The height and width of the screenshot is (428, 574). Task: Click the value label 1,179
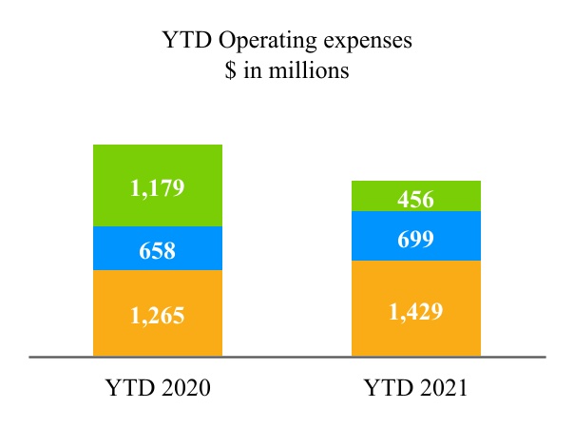[x=157, y=187]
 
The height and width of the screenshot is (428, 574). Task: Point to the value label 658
[x=157, y=251]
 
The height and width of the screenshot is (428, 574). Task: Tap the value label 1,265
[x=157, y=314]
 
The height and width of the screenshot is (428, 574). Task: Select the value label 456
[x=415, y=200]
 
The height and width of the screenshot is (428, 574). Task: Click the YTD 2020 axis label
[x=157, y=388]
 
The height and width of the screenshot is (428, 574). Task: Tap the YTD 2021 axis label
[x=415, y=388]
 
